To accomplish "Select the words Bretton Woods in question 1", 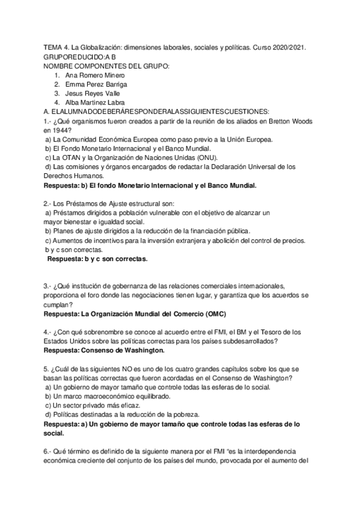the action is tap(293, 121).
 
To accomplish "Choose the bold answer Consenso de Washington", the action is tap(126, 350).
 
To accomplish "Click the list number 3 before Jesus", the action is tap(56, 93).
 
